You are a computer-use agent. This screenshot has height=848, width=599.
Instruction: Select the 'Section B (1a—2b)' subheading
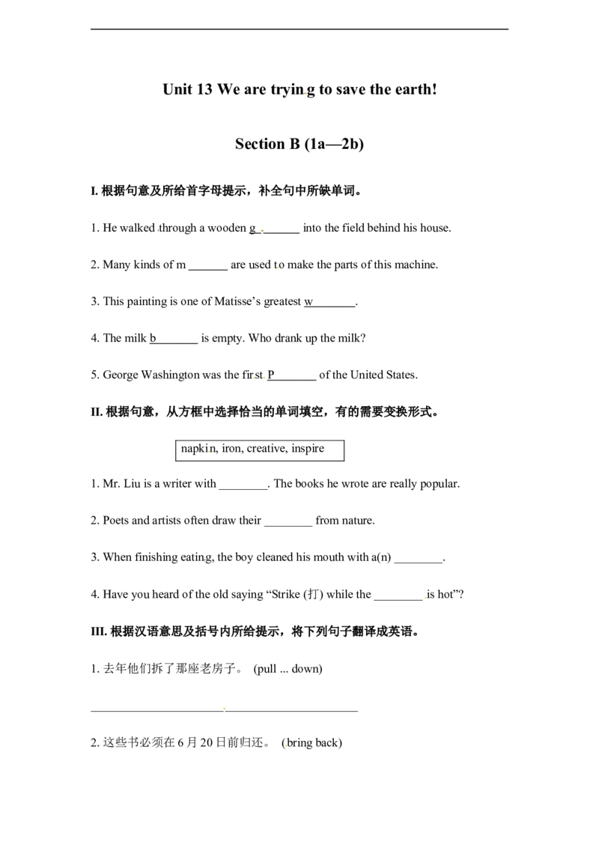(299, 144)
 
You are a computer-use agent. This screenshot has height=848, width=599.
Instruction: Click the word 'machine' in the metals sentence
(415, 264)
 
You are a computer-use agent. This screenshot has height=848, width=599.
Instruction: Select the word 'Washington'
(170, 375)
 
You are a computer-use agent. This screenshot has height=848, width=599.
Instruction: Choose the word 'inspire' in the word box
(308, 448)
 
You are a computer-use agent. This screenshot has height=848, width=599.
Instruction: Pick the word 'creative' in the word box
(267, 448)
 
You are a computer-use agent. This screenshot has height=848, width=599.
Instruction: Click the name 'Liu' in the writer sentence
(132, 483)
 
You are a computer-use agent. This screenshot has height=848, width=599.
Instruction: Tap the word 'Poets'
(116, 521)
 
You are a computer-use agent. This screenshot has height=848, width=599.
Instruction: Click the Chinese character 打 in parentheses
(313, 594)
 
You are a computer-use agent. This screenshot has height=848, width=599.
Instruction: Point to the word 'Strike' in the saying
(285, 594)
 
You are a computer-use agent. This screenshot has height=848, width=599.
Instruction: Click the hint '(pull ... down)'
(288, 669)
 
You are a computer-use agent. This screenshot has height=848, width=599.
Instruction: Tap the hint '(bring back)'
(312, 742)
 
